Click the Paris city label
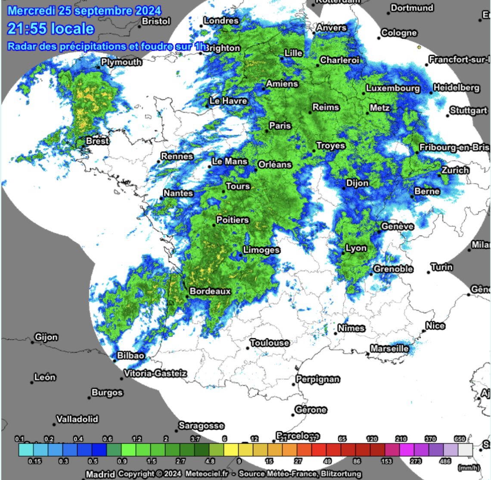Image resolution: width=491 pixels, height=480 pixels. pos(280,126)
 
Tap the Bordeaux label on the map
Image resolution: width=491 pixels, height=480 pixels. pos(210,291)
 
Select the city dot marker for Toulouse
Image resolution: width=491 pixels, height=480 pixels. pos(249,348)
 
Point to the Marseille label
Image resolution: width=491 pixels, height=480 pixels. pos(389,348)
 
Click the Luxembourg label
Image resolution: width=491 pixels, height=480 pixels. pos(392,89)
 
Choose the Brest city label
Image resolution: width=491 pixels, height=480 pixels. pos(97,141)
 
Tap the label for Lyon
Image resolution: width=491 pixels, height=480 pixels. pos(356,248)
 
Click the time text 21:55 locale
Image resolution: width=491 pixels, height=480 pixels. pos(50,29)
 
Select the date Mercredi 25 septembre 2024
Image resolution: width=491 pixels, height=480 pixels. pos(84,10)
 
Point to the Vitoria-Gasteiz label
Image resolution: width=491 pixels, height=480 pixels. pos(155,373)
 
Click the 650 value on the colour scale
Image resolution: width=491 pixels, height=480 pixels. pos(460,439)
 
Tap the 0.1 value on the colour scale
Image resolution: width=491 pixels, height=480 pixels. pos(19,439)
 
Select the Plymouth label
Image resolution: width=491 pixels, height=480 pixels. pos(121,62)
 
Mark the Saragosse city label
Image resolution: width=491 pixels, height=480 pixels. pos(201,425)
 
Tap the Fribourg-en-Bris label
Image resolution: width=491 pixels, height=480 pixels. pos(454,147)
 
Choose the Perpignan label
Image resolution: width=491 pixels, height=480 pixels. pos(318,379)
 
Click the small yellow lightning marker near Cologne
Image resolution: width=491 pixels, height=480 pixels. pos(419,47)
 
